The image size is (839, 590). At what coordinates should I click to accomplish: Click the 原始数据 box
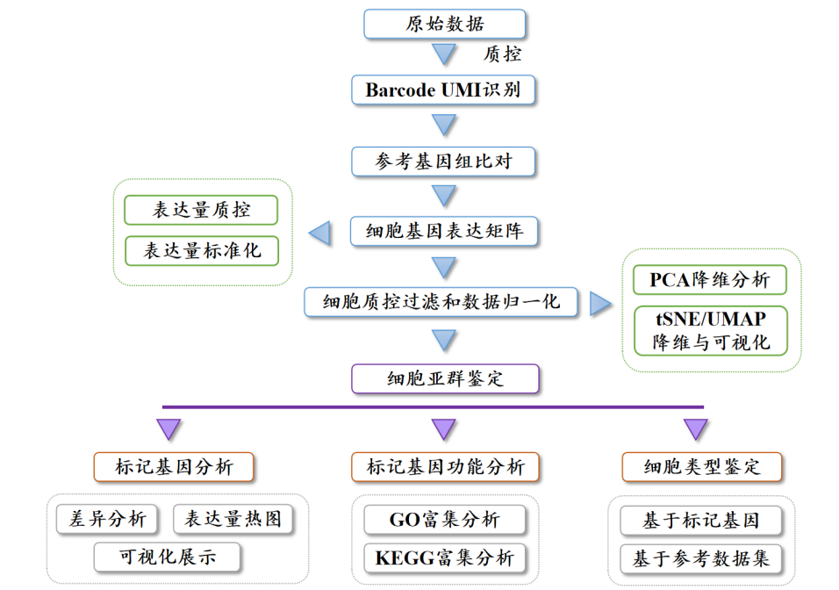click(444, 24)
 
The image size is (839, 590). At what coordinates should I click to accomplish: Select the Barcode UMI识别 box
click(444, 90)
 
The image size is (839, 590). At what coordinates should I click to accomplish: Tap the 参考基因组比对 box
click(444, 162)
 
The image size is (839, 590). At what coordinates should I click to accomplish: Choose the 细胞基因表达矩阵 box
click(444, 231)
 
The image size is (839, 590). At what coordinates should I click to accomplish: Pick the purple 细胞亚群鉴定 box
click(444, 379)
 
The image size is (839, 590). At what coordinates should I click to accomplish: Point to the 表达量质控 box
click(201, 210)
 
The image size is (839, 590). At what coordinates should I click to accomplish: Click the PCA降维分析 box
click(710, 280)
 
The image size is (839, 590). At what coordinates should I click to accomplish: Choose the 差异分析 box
click(107, 519)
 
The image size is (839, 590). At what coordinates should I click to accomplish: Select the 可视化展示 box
click(168, 556)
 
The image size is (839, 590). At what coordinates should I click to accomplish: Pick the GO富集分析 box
click(444, 520)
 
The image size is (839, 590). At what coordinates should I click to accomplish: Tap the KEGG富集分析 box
click(444, 558)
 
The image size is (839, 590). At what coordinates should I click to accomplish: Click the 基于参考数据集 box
click(701, 558)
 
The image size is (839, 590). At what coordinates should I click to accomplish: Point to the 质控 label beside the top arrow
click(503, 54)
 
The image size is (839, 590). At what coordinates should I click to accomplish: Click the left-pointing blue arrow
click(319, 232)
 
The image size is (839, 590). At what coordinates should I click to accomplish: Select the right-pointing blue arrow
click(601, 303)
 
